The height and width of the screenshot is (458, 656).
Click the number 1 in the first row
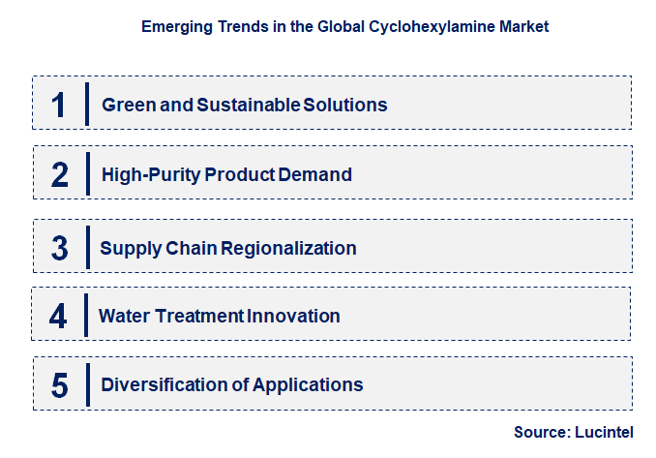[x=59, y=105]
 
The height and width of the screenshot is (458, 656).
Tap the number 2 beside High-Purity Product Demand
[x=60, y=175]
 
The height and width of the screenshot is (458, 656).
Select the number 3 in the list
[x=60, y=248]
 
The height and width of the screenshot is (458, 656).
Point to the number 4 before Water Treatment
[x=59, y=316]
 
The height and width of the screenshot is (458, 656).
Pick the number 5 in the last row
[x=60, y=384]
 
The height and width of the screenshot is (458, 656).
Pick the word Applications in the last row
[x=309, y=384]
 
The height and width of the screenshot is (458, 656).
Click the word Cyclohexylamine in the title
[x=424, y=27]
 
